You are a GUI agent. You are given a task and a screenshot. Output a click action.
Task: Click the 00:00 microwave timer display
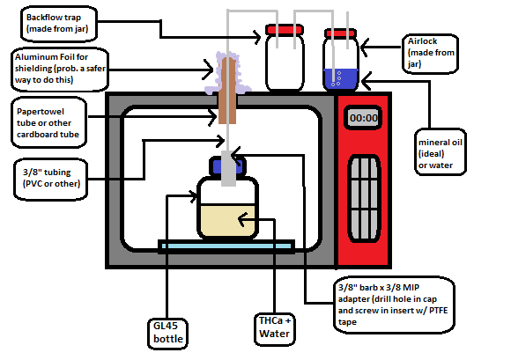(364, 118)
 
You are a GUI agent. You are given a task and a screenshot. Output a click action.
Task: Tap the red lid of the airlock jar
(340, 35)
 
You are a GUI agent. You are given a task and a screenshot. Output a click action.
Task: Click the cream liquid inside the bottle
(227, 220)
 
